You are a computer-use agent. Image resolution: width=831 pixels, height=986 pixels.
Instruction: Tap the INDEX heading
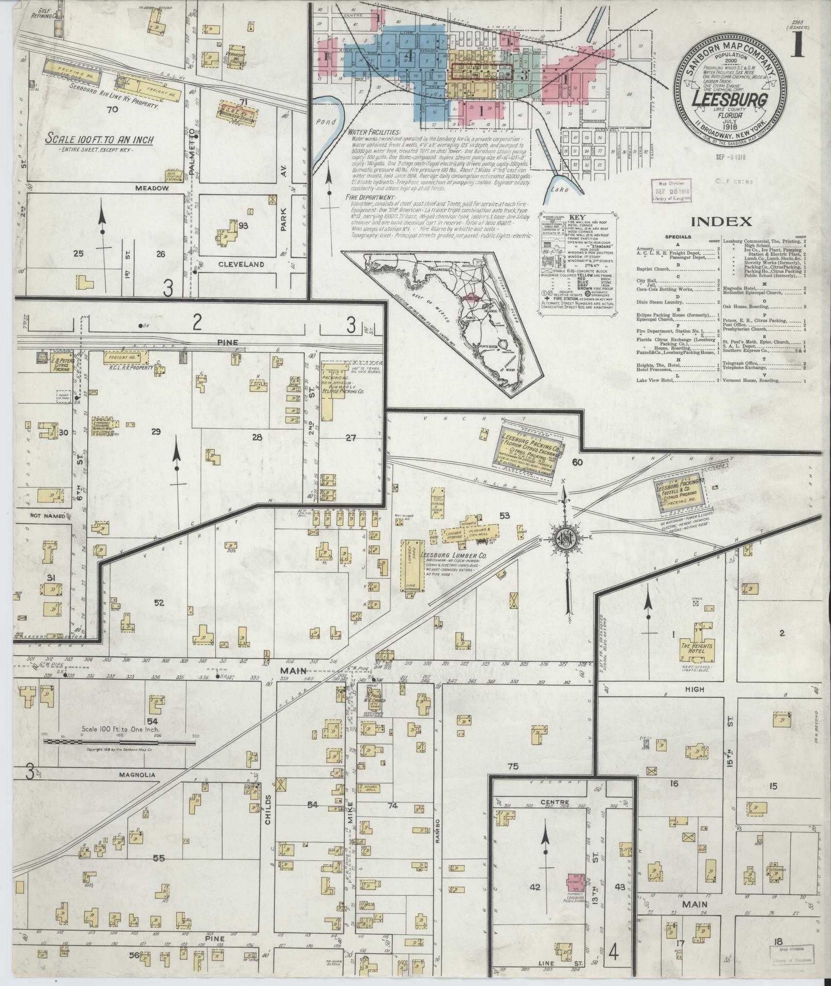(720, 222)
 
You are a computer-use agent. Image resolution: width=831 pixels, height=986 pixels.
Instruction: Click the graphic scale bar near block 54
(121, 741)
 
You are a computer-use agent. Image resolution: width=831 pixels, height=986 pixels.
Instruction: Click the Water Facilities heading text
(372, 132)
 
